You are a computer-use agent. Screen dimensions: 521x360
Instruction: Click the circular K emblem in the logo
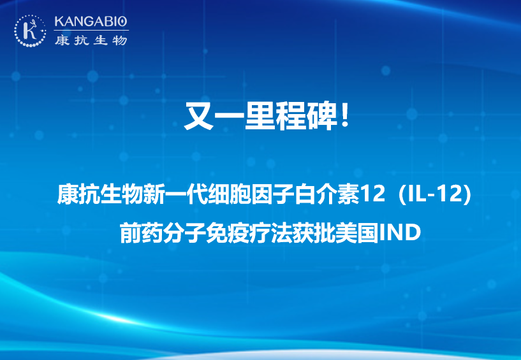tap(30, 31)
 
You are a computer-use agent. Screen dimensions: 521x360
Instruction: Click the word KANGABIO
tap(91, 22)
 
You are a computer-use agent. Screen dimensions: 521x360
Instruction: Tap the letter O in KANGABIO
tap(122, 22)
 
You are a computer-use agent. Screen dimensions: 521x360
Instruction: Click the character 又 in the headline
tap(199, 116)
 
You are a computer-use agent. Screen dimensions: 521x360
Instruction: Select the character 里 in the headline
tap(259, 116)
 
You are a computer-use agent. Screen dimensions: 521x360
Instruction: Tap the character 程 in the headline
tap(290, 116)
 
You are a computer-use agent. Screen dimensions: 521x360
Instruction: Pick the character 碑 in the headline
tap(320, 116)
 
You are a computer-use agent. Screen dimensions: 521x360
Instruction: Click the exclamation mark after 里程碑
tap(345, 115)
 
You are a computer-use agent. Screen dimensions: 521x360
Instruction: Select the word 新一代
tap(176, 194)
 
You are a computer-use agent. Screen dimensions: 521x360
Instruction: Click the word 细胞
tap(230, 194)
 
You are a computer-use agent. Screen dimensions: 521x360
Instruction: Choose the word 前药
tap(142, 233)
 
